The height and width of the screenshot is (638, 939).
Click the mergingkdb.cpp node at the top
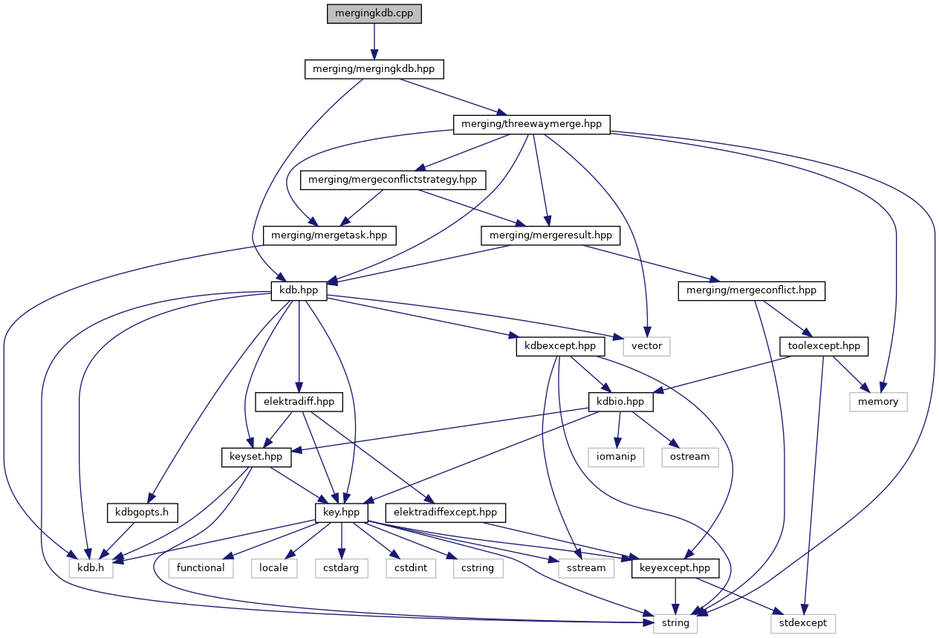point(374,13)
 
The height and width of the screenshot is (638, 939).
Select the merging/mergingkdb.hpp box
point(374,69)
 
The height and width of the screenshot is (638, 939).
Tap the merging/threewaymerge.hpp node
point(531,124)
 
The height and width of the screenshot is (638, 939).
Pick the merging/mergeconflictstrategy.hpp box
point(393,180)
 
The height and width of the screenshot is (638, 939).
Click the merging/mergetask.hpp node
point(329,235)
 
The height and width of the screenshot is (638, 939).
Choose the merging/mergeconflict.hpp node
point(752,290)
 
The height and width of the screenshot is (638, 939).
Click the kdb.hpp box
point(299,290)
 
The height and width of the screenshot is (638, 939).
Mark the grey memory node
point(878,401)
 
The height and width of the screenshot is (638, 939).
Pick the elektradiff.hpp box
point(299,401)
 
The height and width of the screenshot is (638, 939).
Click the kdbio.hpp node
point(620,401)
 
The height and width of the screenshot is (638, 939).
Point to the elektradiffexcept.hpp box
point(446,512)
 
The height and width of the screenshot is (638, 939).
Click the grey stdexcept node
point(802,622)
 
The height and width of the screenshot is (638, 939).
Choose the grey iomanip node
point(616,457)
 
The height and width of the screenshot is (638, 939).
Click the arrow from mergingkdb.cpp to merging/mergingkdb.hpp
point(374,42)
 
